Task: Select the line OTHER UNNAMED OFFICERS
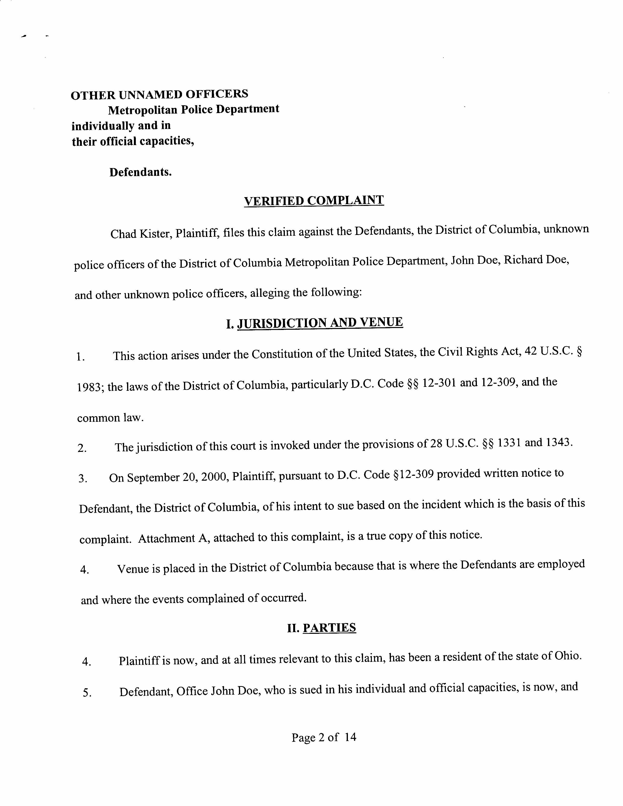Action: (x=160, y=95)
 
